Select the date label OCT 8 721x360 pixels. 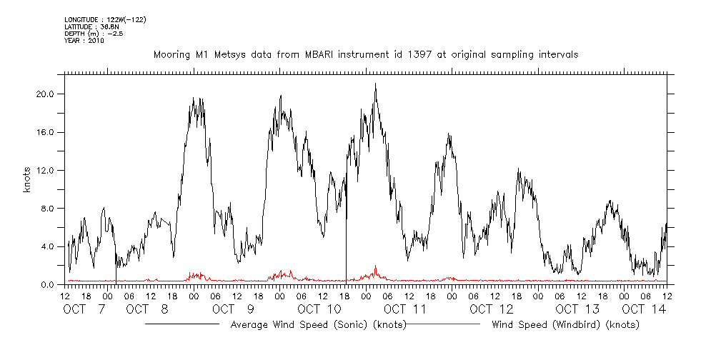(x=147, y=309)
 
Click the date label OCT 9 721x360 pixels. (x=233, y=309)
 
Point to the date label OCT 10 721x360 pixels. (x=320, y=309)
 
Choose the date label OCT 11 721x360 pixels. (x=405, y=309)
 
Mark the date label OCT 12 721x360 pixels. (x=492, y=309)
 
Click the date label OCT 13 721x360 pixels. (x=577, y=309)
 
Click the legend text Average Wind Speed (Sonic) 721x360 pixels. (x=319, y=325)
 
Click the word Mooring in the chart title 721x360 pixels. (x=171, y=54)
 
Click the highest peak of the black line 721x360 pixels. (x=375, y=84)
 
